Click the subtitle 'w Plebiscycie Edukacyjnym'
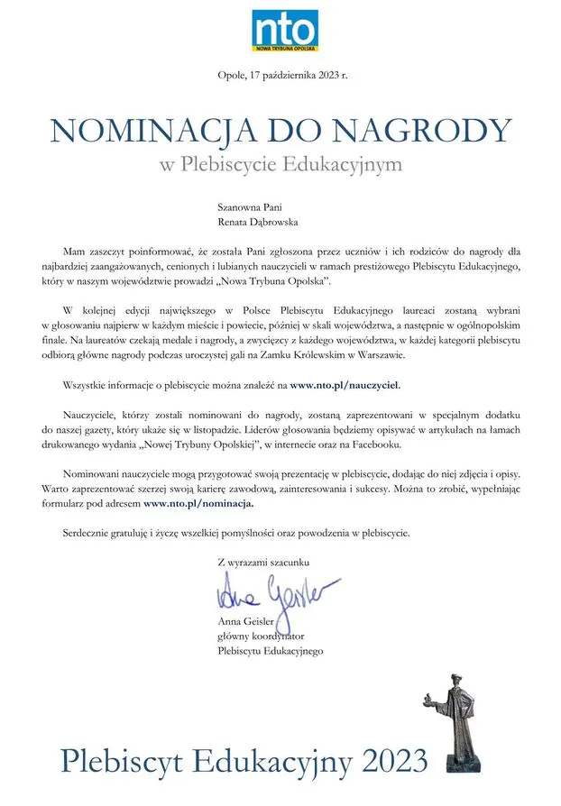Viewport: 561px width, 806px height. (280, 166)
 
